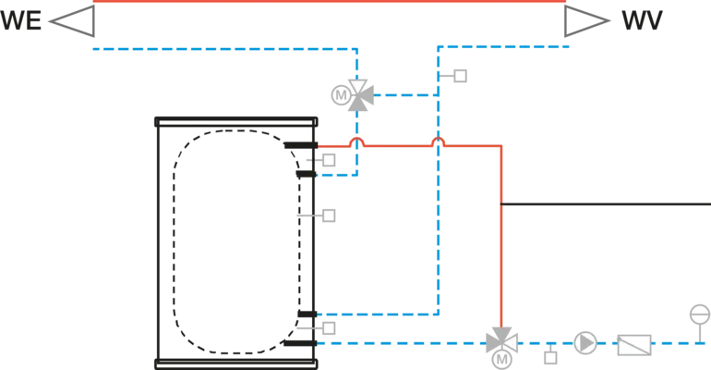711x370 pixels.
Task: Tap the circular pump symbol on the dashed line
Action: pos(584,342)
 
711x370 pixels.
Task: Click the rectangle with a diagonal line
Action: pos(635,345)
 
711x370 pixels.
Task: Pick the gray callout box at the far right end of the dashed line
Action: pos(699,315)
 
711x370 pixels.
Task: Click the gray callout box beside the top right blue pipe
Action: pos(462,77)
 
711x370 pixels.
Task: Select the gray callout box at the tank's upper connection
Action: pos(328,159)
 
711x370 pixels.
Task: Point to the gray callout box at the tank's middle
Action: pos(328,217)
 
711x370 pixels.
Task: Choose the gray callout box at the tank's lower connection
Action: pos(328,327)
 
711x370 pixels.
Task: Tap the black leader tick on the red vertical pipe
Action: pos(504,203)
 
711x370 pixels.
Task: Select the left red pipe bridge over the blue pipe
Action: pos(356,141)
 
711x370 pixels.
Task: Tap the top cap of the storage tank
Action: pos(236,121)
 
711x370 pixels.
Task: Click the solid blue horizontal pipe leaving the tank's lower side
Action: pos(379,314)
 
